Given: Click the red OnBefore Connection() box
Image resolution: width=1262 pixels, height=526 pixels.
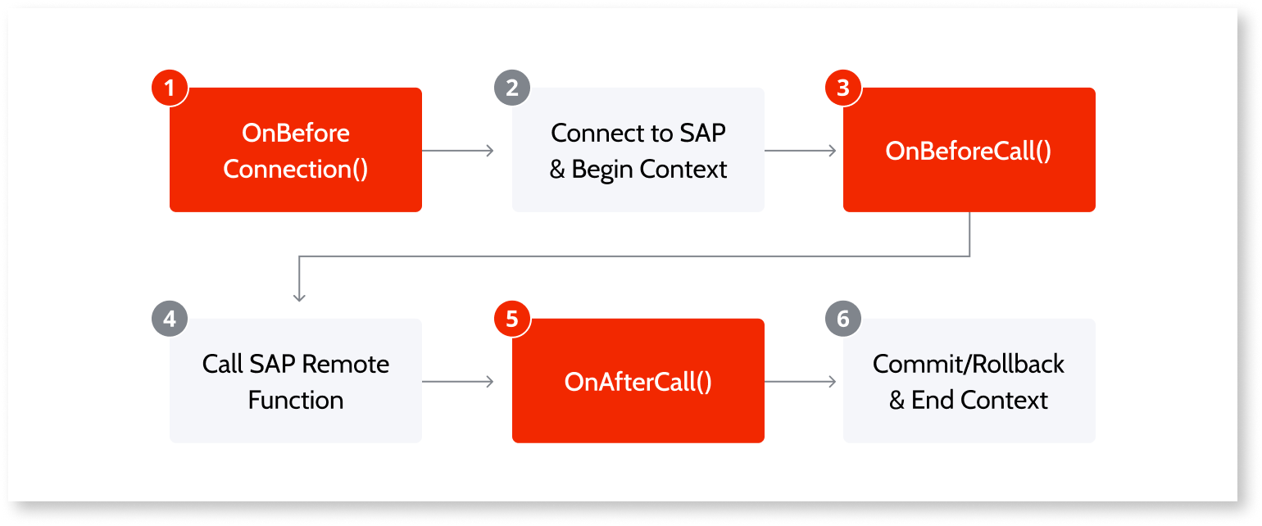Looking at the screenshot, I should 295,150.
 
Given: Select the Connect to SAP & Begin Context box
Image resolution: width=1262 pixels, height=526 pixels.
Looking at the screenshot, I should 638,150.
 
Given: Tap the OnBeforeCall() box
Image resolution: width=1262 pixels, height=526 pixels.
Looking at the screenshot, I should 969,150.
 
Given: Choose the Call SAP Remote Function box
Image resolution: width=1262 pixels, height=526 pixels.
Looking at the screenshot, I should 295,381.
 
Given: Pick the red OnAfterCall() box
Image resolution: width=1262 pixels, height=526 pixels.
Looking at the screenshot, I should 638,381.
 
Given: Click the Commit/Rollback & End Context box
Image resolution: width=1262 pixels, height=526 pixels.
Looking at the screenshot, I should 969,381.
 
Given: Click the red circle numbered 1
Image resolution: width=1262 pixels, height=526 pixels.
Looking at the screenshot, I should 170,88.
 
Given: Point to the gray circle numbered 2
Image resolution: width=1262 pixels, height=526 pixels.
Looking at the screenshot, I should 512,88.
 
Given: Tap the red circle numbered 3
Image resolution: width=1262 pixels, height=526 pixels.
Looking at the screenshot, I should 843,88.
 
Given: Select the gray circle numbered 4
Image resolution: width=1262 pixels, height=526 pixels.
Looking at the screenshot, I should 170,319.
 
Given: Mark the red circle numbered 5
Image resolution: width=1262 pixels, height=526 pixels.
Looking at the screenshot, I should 512,319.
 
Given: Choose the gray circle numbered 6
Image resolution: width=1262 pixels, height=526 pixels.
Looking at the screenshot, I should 843,319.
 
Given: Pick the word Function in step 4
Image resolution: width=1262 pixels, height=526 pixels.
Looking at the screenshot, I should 295,400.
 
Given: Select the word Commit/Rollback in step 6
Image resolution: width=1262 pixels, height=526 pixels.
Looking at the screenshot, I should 969,364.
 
